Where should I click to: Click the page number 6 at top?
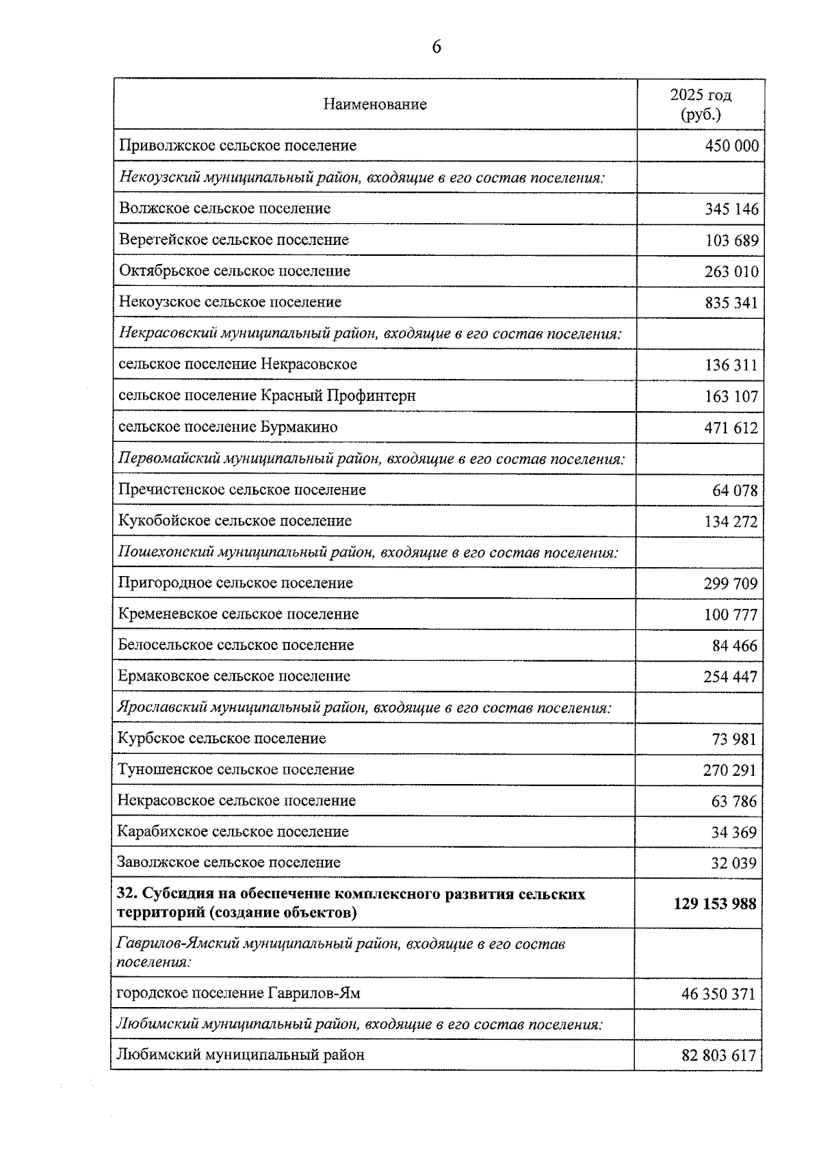click(436, 47)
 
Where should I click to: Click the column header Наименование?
click(375, 105)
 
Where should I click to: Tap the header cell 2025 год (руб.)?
click(701, 105)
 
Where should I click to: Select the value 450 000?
click(731, 146)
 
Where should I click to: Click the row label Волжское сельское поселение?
click(224, 209)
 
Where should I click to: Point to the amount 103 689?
click(731, 241)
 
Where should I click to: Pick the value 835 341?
click(731, 303)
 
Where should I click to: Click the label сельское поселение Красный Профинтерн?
click(267, 396)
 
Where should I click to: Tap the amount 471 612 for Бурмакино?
click(731, 428)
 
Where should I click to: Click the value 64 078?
click(735, 491)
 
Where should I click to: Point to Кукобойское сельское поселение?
click(235, 521)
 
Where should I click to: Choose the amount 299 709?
click(731, 584)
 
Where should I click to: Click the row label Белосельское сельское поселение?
click(236, 645)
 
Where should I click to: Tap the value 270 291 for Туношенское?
click(730, 770)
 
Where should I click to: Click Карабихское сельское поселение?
click(233, 832)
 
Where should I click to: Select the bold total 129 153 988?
click(715, 904)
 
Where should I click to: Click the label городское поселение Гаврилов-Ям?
click(239, 993)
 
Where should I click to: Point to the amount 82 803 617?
click(718, 1056)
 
